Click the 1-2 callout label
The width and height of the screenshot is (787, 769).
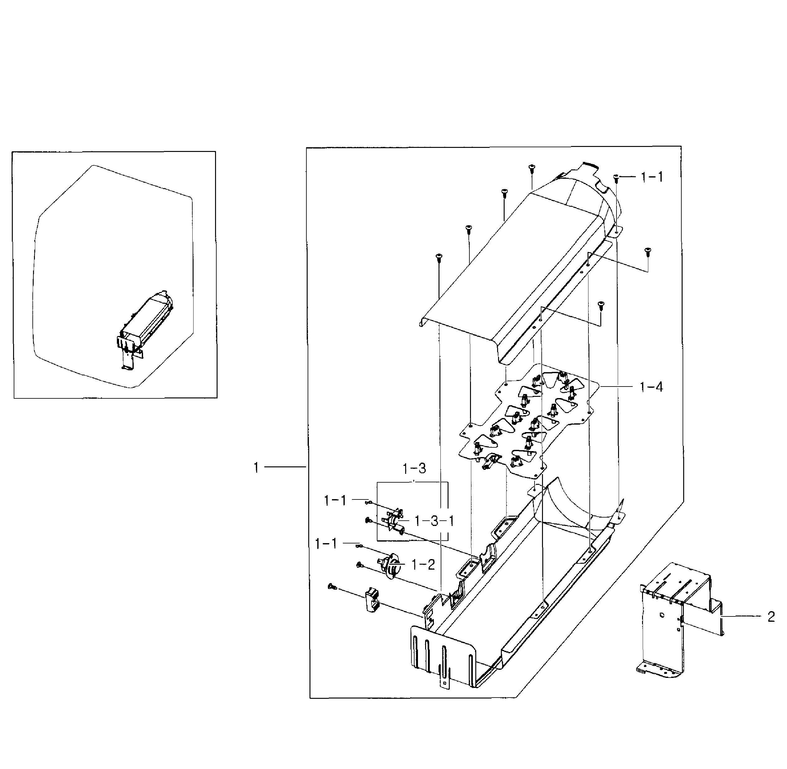coord(423,565)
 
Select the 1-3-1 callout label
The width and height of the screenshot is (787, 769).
coord(434,521)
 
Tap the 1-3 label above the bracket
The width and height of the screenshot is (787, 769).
coord(414,469)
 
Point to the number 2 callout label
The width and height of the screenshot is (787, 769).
coord(771,617)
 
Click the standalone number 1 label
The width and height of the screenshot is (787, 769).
coord(256,468)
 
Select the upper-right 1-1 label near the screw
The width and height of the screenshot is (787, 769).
coord(652,177)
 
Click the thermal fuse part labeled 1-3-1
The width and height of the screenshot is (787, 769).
coord(393,521)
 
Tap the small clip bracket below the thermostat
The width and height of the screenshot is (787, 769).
coord(372,601)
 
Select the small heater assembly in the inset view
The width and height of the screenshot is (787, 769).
coord(145,323)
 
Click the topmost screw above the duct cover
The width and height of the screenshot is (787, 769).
coord(531,167)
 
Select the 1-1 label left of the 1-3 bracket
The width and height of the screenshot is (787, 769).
coord(335,501)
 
